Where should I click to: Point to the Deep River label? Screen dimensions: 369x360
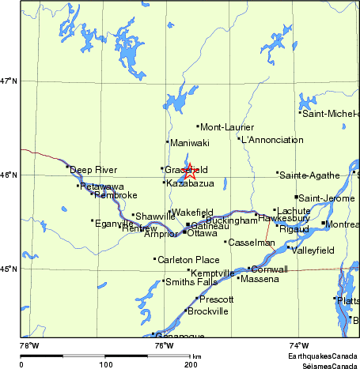(x=93, y=170)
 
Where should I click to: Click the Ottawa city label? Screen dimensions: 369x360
(x=202, y=234)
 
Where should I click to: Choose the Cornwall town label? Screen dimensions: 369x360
(x=269, y=269)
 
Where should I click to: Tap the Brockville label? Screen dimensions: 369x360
(x=207, y=311)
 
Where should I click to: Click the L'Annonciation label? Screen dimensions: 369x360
(x=271, y=140)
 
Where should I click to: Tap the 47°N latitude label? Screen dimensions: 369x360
(x=9, y=81)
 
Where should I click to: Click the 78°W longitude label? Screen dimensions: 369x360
(x=29, y=345)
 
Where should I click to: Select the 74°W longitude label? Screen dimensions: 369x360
(x=298, y=345)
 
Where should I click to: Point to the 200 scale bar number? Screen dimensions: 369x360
(x=190, y=365)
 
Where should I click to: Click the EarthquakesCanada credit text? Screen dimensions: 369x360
(x=321, y=357)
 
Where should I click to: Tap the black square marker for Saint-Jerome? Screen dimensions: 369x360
(x=297, y=197)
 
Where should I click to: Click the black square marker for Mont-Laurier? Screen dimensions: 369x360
(x=197, y=126)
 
